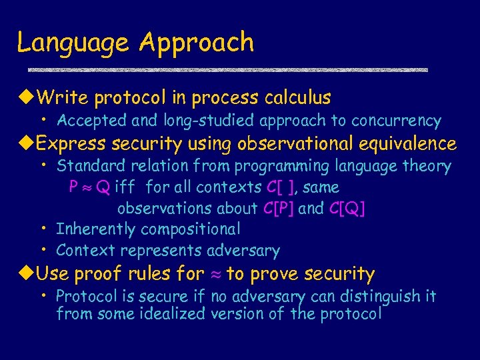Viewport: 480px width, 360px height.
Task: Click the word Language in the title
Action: pos(74,43)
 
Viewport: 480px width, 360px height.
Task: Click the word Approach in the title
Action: pos(197,43)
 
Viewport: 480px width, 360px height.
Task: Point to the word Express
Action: pos(71,143)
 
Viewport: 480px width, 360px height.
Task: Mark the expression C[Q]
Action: pos(347,209)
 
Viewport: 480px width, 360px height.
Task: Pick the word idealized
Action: pos(172,313)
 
